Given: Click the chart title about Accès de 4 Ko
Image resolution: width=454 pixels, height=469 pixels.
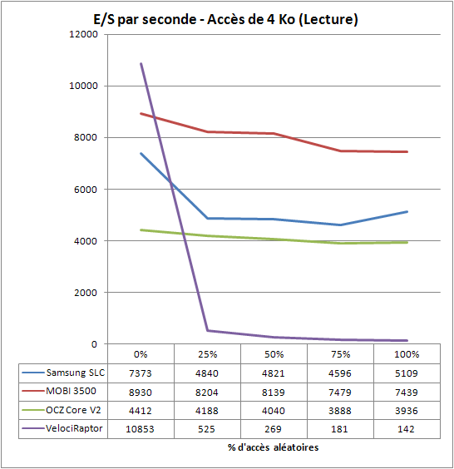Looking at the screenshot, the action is (225, 20).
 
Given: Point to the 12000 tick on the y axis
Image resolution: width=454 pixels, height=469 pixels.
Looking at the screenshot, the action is (83, 34).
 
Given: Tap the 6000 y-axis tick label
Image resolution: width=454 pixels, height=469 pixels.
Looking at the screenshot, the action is (86, 190).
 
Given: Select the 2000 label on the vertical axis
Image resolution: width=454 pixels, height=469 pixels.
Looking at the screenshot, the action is (86, 293).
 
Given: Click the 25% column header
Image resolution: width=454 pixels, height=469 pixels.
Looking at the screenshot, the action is (207, 354).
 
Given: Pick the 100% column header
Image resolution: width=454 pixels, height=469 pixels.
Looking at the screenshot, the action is (407, 354).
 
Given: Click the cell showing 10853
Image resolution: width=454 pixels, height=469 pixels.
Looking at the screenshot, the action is (140, 429).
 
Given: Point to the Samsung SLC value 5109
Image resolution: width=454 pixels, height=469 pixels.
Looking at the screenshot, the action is (406, 373).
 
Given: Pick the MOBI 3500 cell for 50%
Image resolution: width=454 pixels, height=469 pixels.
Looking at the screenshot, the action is (274, 392).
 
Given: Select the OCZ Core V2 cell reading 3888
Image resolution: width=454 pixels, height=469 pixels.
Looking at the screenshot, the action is (340, 411).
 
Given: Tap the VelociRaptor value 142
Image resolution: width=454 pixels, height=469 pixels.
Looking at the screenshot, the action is (406, 429).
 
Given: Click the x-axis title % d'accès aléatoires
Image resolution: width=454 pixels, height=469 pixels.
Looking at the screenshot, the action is (273, 447).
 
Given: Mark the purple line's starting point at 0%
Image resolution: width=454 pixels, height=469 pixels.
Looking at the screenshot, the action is (141, 63).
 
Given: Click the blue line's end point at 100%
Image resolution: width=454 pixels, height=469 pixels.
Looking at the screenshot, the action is (407, 212).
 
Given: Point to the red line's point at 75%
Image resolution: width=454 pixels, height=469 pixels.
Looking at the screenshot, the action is (340, 151).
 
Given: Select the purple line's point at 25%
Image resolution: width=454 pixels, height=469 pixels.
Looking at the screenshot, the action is (207, 330).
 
